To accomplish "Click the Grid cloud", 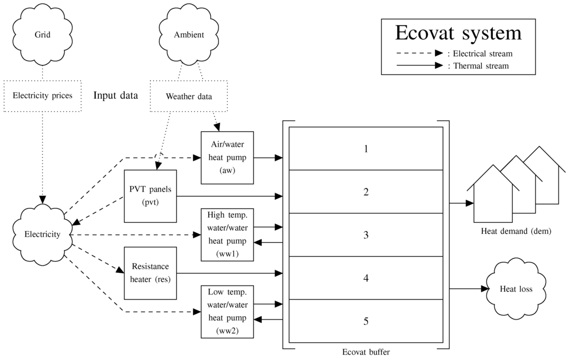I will pos(42,34).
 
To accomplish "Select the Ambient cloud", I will pos(189,34).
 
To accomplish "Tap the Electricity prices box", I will pos(42,96).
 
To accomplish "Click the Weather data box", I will pos(189,96).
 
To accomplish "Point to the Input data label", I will pos(116,95).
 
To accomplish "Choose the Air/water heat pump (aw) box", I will pos(227,158).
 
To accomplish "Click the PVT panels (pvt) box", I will pos(150,196).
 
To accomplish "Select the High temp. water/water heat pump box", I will pos(227,234).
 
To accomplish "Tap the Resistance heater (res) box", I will pos(150,273).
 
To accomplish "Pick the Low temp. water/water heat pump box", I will pos(227,312).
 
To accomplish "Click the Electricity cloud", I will pos(42,234).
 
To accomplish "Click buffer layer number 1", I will pos(366,148).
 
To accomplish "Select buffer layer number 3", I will pos(366,234).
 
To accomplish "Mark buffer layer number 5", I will pos(366,321).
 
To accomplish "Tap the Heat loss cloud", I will pos(516,289).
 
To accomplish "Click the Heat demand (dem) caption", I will pos(516,231).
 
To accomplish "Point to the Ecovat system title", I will pos(458,33).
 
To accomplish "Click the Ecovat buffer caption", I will pos(365,352).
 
